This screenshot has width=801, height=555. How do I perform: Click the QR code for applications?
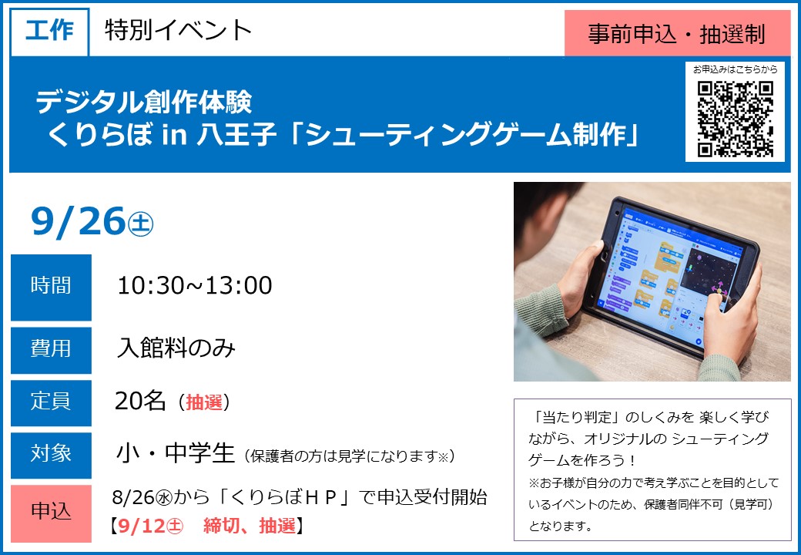[x=735, y=119]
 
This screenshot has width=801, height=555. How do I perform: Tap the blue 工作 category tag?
[x=49, y=31]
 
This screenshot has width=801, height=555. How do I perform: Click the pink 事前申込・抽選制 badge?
[x=677, y=34]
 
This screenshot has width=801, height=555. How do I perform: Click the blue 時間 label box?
[x=51, y=287]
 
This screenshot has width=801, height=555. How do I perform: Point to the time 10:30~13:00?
[x=195, y=285]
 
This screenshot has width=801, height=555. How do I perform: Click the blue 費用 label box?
[x=51, y=350]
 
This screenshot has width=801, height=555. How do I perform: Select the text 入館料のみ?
[x=176, y=348]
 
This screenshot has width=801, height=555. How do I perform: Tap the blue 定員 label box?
[x=51, y=402]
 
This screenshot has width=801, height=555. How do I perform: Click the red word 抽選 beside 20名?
[x=204, y=402]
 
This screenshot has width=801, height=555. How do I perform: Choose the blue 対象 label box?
[x=51, y=455]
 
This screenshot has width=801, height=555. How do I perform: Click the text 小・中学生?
[x=176, y=453]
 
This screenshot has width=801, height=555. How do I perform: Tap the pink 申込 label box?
[x=51, y=513]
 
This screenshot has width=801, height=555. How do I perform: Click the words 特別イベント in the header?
[x=178, y=30]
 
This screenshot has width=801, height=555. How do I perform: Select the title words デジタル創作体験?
[x=143, y=103]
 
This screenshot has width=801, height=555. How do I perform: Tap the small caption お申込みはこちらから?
[x=735, y=69]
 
